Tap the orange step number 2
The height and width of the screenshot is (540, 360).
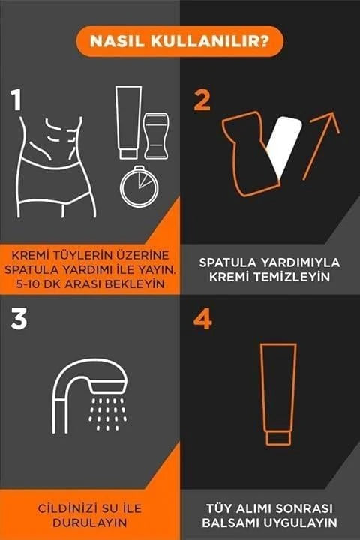pos(202,100)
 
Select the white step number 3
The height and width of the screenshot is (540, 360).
pos(19,319)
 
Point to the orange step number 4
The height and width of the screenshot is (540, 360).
pos(202,319)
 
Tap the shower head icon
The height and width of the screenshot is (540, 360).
pos(91,395)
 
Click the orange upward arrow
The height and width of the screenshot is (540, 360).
pos(320,145)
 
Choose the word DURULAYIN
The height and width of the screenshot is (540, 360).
pos(89,523)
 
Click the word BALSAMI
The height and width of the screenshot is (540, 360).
pos(231,523)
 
